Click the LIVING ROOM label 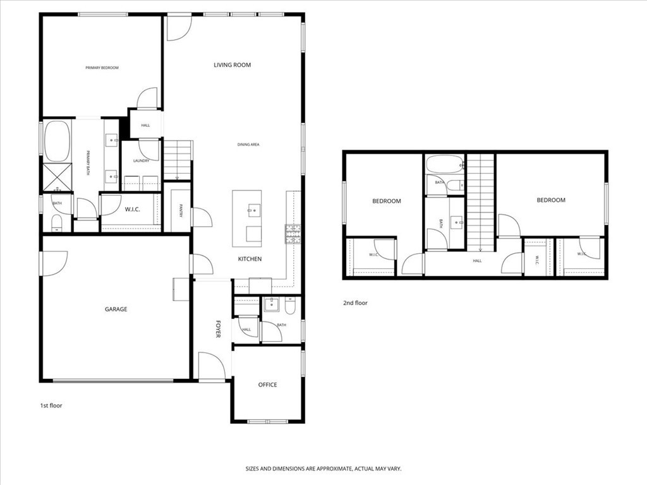pos(232,65)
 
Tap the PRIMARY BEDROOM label pos(102,68)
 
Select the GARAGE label pos(116,309)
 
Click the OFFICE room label pos(267,385)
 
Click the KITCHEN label pos(250,259)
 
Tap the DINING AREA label pos(248,145)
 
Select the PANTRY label pos(180,211)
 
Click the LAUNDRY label pos(141,160)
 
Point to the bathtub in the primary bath pos(56,141)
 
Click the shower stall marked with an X pos(56,177)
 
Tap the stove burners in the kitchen pos(293,235)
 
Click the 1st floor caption pos(51,405)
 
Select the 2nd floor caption pos(355,303)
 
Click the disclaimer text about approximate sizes pos(323,469)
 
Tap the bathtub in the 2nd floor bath pos(445,164)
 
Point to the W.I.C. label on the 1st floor pos(132,209)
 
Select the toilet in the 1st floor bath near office pos(291,306)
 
